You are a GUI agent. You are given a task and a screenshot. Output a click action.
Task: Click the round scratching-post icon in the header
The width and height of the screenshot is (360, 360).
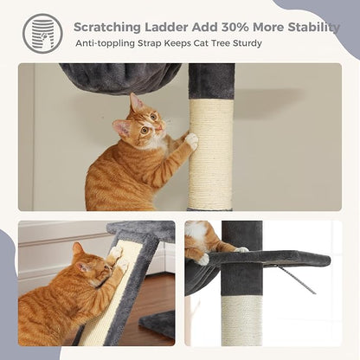click(x=42, y=33)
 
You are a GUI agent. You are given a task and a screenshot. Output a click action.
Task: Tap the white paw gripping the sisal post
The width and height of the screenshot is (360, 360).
click(x=191, y=138)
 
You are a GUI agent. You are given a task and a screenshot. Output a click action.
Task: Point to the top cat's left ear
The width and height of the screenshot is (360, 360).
click(x=135, y=102)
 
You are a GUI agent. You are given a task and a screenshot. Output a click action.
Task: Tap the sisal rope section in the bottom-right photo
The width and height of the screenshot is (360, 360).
click(x=241, y=320)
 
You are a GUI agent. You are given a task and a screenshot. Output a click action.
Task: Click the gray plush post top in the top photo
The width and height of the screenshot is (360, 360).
click(x=210, y=80)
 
